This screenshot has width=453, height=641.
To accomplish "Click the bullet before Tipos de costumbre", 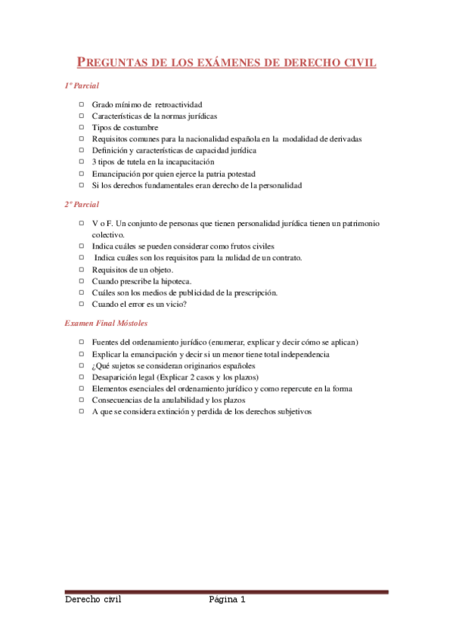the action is (82, 128).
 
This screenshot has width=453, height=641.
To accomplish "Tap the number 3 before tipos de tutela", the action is (94, 162).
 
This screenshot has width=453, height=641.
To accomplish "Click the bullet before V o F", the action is (82, 224).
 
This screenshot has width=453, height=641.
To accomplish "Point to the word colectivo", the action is (107, 235).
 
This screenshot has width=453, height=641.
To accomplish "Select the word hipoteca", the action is (182, 280).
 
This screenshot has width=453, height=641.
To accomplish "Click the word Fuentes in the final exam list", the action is (107, 342).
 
